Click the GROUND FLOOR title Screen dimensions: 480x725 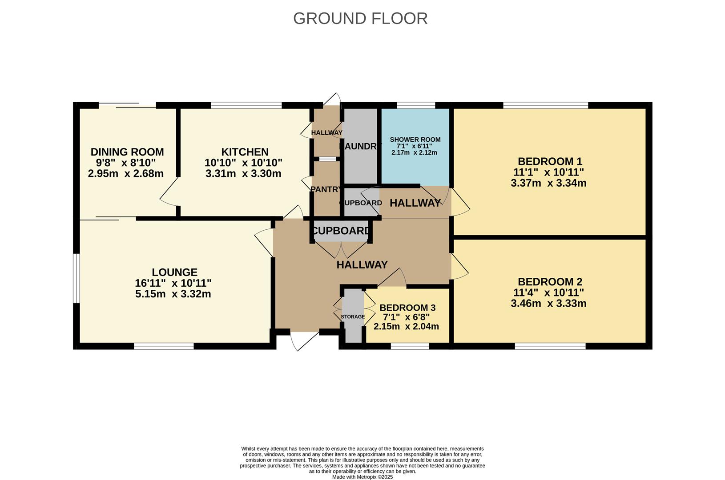[360, 19]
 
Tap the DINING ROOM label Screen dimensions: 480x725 [127, 152]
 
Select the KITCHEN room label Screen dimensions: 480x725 [245, 152]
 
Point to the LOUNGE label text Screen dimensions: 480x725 [174, 272]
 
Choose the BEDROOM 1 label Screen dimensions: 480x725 [550, 161]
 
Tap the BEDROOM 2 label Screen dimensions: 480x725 [550, 282]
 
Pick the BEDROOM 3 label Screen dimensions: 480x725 [407, 308]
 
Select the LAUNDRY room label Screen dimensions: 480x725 [360, 146]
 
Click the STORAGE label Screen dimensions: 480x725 [353, 317]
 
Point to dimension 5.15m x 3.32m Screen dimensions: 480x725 [173, 294]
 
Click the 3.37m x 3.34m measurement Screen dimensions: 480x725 [548, 183]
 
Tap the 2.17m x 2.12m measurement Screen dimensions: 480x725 [414, 152]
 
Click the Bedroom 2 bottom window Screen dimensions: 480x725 [550, 346]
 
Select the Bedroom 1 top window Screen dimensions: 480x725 [545, 105]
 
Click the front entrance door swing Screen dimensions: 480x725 [304, 340]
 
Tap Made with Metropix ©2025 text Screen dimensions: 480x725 [362, 477]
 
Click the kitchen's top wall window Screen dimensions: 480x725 [246, 105]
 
